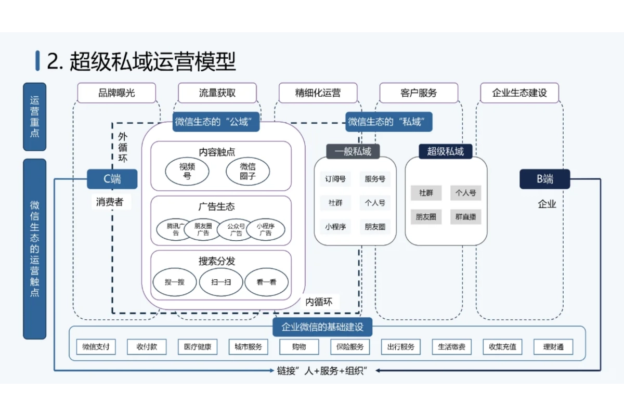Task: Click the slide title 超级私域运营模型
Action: point(141,61)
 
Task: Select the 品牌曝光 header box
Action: point(116,93)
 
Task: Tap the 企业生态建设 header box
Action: point(519,93)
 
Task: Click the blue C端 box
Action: point(112,179)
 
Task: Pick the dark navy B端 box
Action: point(544,179)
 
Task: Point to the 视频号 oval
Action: point(187,171)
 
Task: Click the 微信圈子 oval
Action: point(248,171)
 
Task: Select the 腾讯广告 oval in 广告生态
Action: point(175,229)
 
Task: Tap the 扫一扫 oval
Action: point(220,282)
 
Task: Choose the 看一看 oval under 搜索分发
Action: point(266,282)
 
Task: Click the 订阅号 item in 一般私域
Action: point(335,179)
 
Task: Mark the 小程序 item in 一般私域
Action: point(335,227)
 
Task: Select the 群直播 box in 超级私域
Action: point(465,216)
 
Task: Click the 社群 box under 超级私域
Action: point(426,192)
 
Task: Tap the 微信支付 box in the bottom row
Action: point(96,347)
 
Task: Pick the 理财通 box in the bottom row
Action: point(553,347)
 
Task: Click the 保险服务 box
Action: point(350,347)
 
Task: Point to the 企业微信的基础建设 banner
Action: point(322,327)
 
